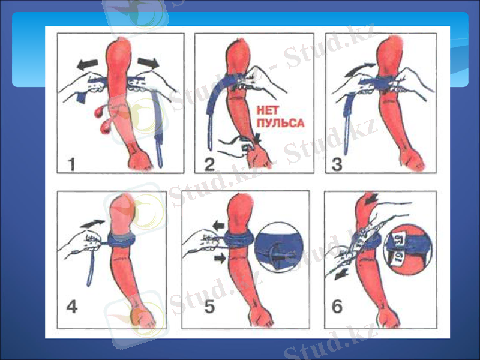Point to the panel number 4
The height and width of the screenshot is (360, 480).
click(x=71, y=307)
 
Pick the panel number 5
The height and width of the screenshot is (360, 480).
click(x=209, y=307)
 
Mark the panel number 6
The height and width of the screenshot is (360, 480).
click(x=337, y=307)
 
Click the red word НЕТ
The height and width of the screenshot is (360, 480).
click(x=268, y=110)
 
